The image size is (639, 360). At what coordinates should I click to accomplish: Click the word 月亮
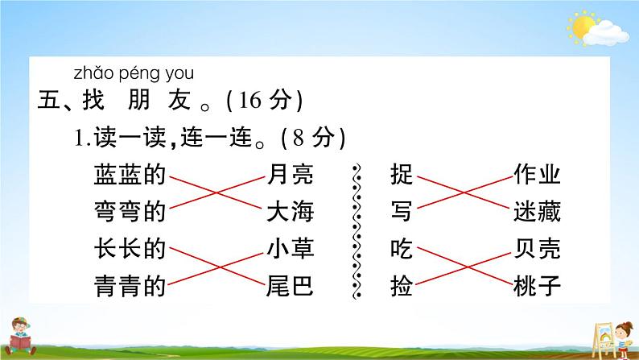click(290, 175)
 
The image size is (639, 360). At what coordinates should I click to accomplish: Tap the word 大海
click(290, 212)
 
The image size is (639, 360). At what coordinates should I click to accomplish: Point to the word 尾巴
click(290, 285)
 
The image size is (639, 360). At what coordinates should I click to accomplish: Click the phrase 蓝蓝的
click(129, 175)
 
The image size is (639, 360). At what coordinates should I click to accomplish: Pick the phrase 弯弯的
click(129, 212)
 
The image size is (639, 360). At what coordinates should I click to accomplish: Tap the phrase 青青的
click(129, 285)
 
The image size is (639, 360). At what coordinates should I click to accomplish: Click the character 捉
click(401, 175)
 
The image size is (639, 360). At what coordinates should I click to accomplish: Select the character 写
click(401, 212)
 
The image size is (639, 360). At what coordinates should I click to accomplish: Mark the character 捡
click(401, 285)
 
